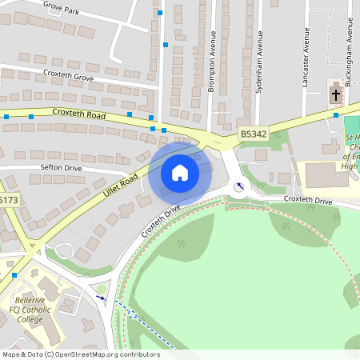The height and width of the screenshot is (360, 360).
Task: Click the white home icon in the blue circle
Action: [x=180, y=172]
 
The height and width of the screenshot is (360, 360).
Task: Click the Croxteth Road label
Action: [x=79, y=115]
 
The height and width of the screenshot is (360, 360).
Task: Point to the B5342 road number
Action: [x=253, y=135]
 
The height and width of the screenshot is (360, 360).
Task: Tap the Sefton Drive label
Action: [x=61, y=168]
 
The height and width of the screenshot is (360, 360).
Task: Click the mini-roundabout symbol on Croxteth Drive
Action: [x=239, y=187]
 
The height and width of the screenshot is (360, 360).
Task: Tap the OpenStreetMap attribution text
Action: [x=81, y=354]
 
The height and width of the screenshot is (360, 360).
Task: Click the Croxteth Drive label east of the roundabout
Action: [x=308, y=200]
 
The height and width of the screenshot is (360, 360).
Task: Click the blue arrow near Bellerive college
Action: [x=100, y=298]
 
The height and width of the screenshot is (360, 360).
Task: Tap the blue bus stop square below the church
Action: [x=336, y=115]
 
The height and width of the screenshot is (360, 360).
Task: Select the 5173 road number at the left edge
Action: [x=7, y=200]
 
